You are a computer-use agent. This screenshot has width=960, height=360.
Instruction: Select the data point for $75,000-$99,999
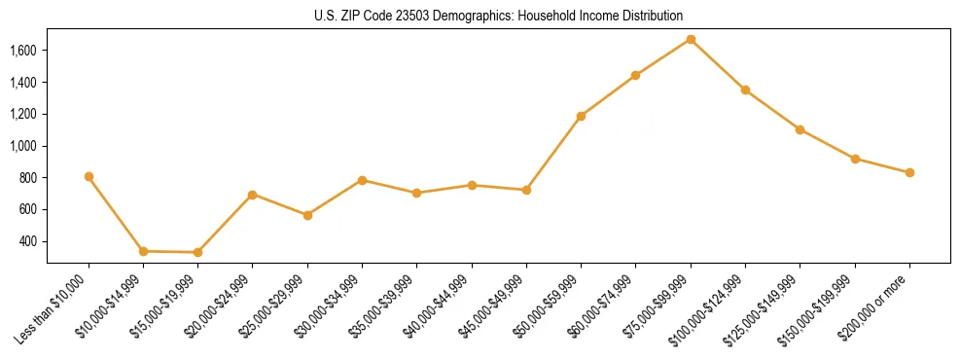[x=691, y=39]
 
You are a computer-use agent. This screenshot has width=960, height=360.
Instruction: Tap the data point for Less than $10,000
[x=89, y=176]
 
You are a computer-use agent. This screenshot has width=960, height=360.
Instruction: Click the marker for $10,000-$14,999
[x=143, y=251]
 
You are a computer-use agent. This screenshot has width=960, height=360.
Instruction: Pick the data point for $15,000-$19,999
[x=197, y=252]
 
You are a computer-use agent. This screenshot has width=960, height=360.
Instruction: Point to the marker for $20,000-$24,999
[x=253, y=195]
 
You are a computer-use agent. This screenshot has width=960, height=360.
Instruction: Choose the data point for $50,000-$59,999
[x=581, y=116]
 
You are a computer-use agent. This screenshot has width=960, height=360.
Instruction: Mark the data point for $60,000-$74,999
[x=635, y=75]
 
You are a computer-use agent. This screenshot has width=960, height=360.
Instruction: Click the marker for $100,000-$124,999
[x=745, y=90]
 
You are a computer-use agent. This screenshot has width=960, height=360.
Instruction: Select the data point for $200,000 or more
[x=909, y=172]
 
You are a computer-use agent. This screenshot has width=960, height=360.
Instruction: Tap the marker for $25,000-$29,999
[x=307, y=215]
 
